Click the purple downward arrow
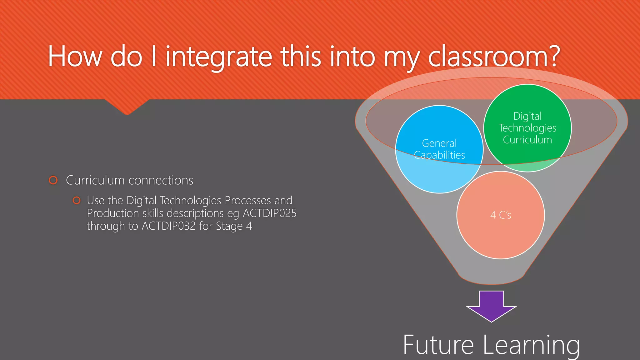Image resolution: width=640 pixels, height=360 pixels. point(491,306)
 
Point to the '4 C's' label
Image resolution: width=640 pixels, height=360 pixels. point(501,215)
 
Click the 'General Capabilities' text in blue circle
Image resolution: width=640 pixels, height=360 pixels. point(439,149)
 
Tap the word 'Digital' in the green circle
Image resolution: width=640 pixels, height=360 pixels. point(527,116)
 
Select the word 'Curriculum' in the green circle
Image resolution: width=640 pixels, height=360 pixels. point(527,140)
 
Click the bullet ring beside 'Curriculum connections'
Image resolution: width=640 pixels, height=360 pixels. point(53,180)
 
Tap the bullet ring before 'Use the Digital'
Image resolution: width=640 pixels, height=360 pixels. point(77,200)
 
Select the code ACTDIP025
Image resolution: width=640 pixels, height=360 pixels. point(269,213)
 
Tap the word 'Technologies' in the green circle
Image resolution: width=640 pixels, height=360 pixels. point(527,128)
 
